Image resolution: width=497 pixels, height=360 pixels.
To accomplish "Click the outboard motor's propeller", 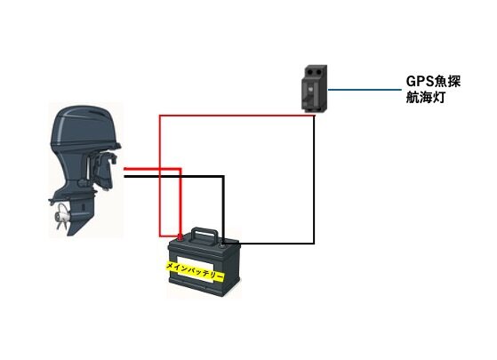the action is click(x=62, y=217).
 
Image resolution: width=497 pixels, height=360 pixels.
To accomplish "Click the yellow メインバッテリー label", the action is click(x=196, y=270).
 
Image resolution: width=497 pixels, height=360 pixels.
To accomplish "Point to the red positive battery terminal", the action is click(x=180, y=236).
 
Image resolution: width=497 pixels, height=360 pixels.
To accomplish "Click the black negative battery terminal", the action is click(x=222, y=243).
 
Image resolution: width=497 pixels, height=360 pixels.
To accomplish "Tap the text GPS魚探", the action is click(x=433, y=82).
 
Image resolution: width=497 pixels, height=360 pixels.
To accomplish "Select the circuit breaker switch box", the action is click(x=314, y=88).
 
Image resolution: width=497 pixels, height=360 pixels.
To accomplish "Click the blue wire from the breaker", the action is click(x=365, y=90).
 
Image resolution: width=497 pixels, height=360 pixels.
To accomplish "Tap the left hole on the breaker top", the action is click(x=309, y=73).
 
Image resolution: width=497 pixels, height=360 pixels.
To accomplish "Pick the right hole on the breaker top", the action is click(x=317, y=72).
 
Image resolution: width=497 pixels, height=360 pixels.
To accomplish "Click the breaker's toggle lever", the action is click(x=306, y=100).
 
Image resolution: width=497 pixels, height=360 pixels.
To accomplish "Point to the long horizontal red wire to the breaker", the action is click(x=237, y=116).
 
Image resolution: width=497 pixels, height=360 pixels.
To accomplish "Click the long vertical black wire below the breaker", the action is click(x=314, y=180).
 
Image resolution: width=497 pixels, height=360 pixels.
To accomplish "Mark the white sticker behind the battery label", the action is click(x=196, y=269).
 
